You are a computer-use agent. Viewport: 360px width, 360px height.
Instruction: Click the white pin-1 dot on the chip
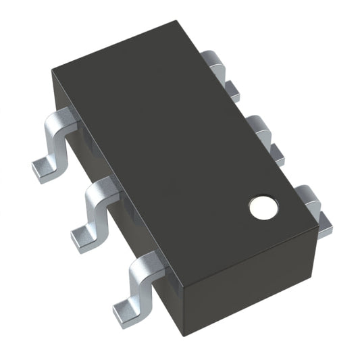pyautogui.click(x=264, y=208)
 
